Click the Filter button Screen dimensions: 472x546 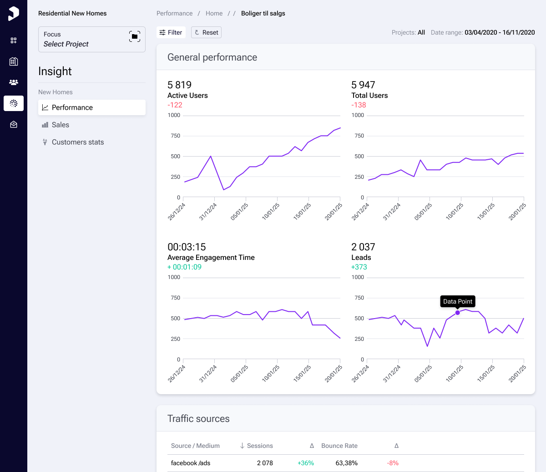171,32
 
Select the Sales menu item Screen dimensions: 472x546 60,125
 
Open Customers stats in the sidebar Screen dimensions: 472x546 77,142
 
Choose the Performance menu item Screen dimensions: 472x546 72,107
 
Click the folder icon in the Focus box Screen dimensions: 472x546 134,36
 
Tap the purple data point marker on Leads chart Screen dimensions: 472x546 457,313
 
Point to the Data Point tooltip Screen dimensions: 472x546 457,301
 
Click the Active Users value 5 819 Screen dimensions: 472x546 179,85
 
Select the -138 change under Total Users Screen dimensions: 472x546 359,105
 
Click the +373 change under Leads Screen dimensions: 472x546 359,267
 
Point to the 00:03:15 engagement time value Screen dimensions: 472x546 187,247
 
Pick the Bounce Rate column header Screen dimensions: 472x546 339,446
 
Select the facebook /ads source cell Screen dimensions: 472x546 190,463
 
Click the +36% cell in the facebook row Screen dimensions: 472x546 305,463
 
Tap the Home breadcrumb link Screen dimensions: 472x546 214,13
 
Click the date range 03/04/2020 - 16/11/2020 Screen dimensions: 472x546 500,32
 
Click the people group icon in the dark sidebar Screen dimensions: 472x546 14,82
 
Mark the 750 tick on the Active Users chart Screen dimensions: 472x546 176,136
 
